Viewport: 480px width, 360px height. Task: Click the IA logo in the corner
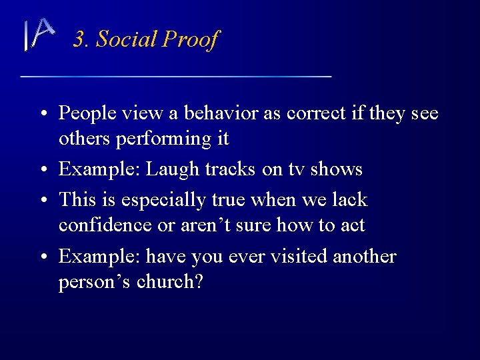[x=38, y=34]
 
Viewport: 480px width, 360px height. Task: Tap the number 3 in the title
[x=79, y=39]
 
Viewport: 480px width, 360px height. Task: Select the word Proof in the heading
[x=190, y=40]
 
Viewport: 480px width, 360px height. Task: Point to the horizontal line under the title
[x=176, y=77]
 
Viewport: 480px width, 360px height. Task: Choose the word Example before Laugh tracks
[x=99, y=170]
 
